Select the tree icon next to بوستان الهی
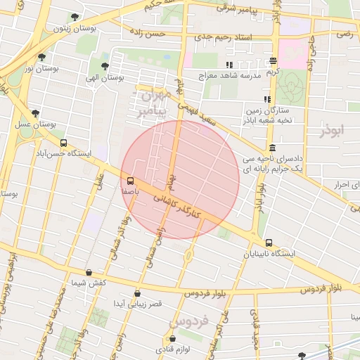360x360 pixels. point(105,67)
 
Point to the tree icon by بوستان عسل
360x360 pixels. point(35,113)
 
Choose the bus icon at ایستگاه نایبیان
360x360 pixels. point(269,243)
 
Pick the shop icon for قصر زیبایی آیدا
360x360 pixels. point(137,293)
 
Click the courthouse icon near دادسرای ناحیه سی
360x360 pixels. point(272,148)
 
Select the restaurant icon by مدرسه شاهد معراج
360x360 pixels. point(230,65)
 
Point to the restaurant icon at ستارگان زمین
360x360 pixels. point(266,100)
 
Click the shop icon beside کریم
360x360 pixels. point(273,61)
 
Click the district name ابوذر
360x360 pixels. point(332,131)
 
